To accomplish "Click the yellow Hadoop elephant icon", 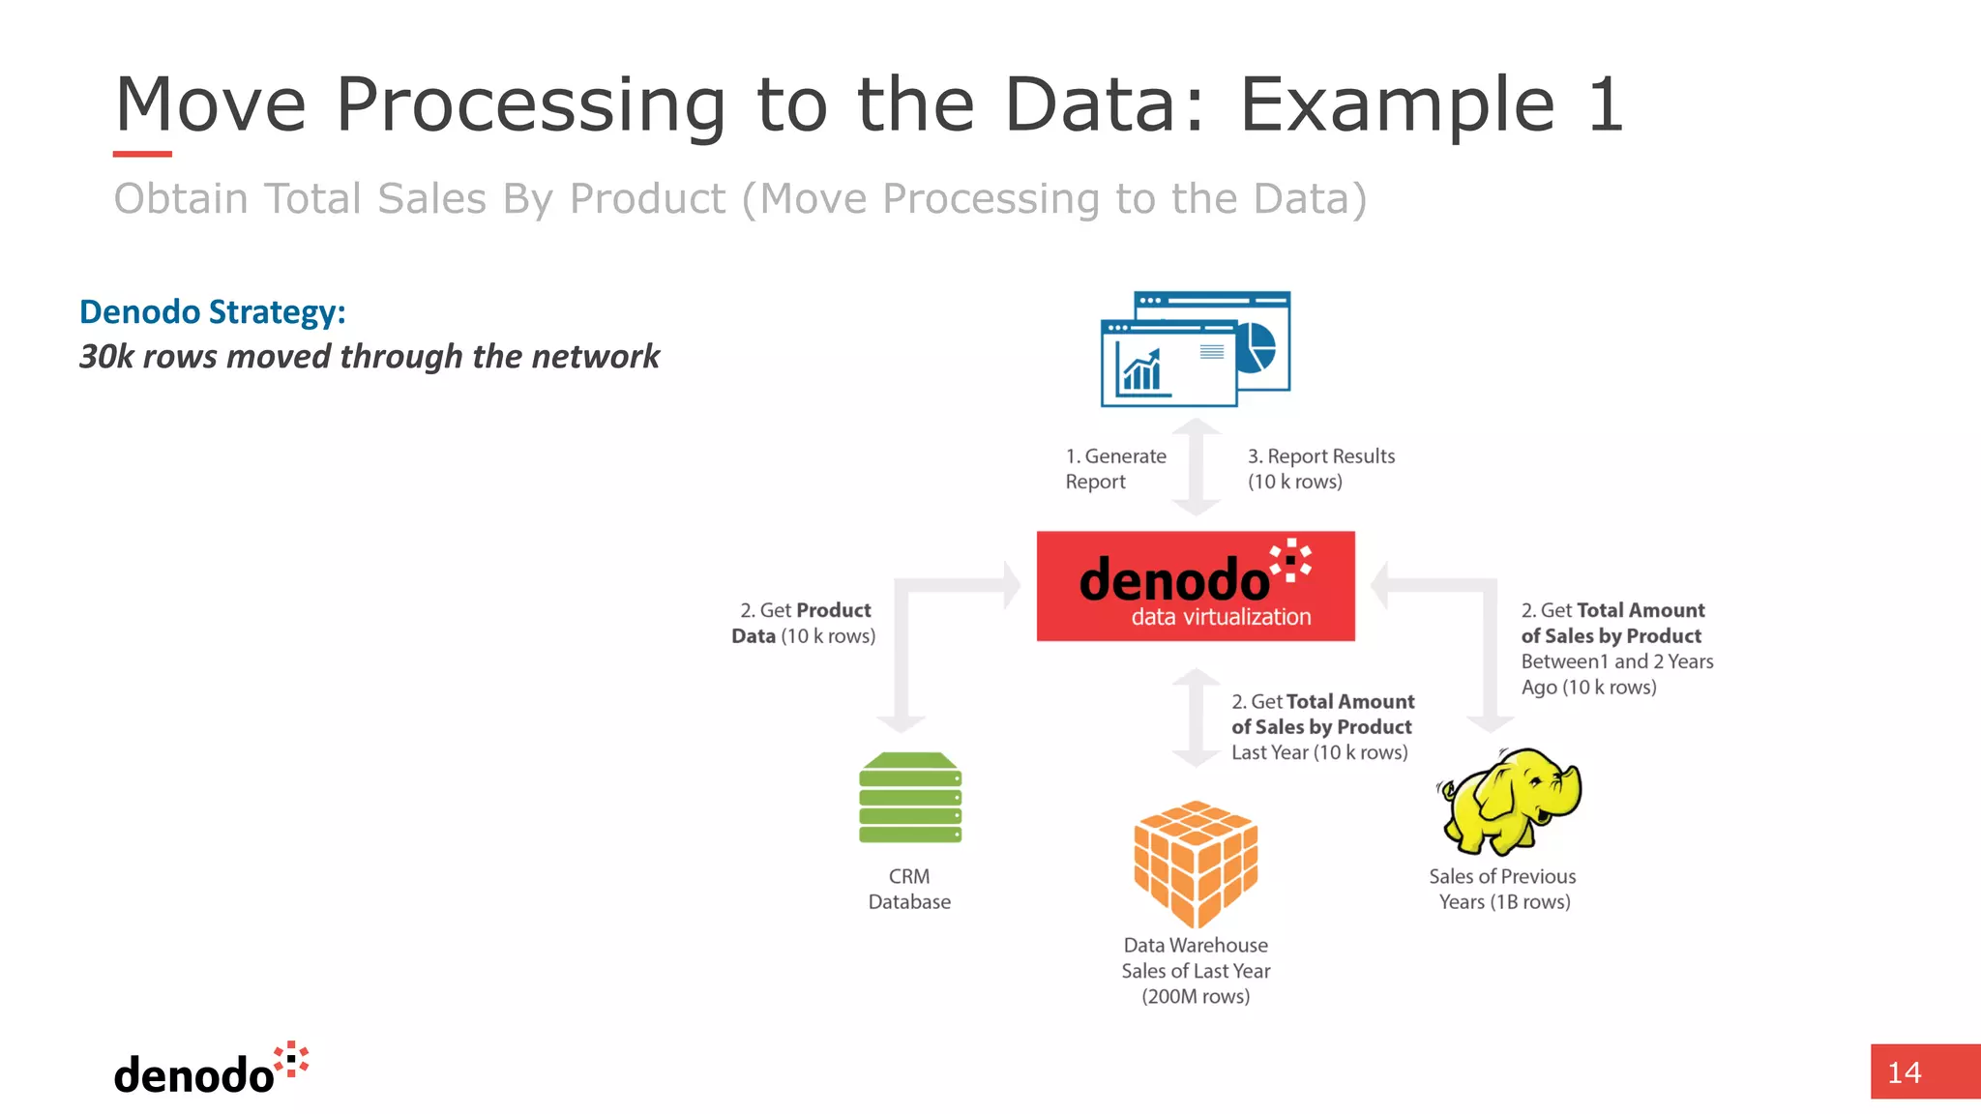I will click(1509, 801).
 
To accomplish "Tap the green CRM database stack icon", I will click(910, 798).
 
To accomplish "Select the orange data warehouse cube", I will click(1196, 864).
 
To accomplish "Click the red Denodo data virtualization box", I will click(1196, 586).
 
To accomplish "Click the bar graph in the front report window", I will click(1141, 371).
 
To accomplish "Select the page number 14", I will click(1905, 1072).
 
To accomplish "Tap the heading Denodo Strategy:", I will click(212, 312).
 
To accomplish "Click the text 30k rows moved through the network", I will click(369, 357).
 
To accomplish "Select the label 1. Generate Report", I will click(1115, 469).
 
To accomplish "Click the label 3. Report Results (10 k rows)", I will click(1320, 469).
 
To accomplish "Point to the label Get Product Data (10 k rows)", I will click(804, 624).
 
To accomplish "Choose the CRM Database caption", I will click(909, 889).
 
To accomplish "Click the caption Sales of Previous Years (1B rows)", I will click(1503, 889).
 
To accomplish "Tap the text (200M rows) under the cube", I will click(1196, 996).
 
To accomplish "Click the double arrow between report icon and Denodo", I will click(1197, 467).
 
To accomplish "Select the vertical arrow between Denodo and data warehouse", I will click(1197, 718).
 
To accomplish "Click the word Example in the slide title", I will click(1397, 105).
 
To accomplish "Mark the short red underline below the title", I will click(142, 154).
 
